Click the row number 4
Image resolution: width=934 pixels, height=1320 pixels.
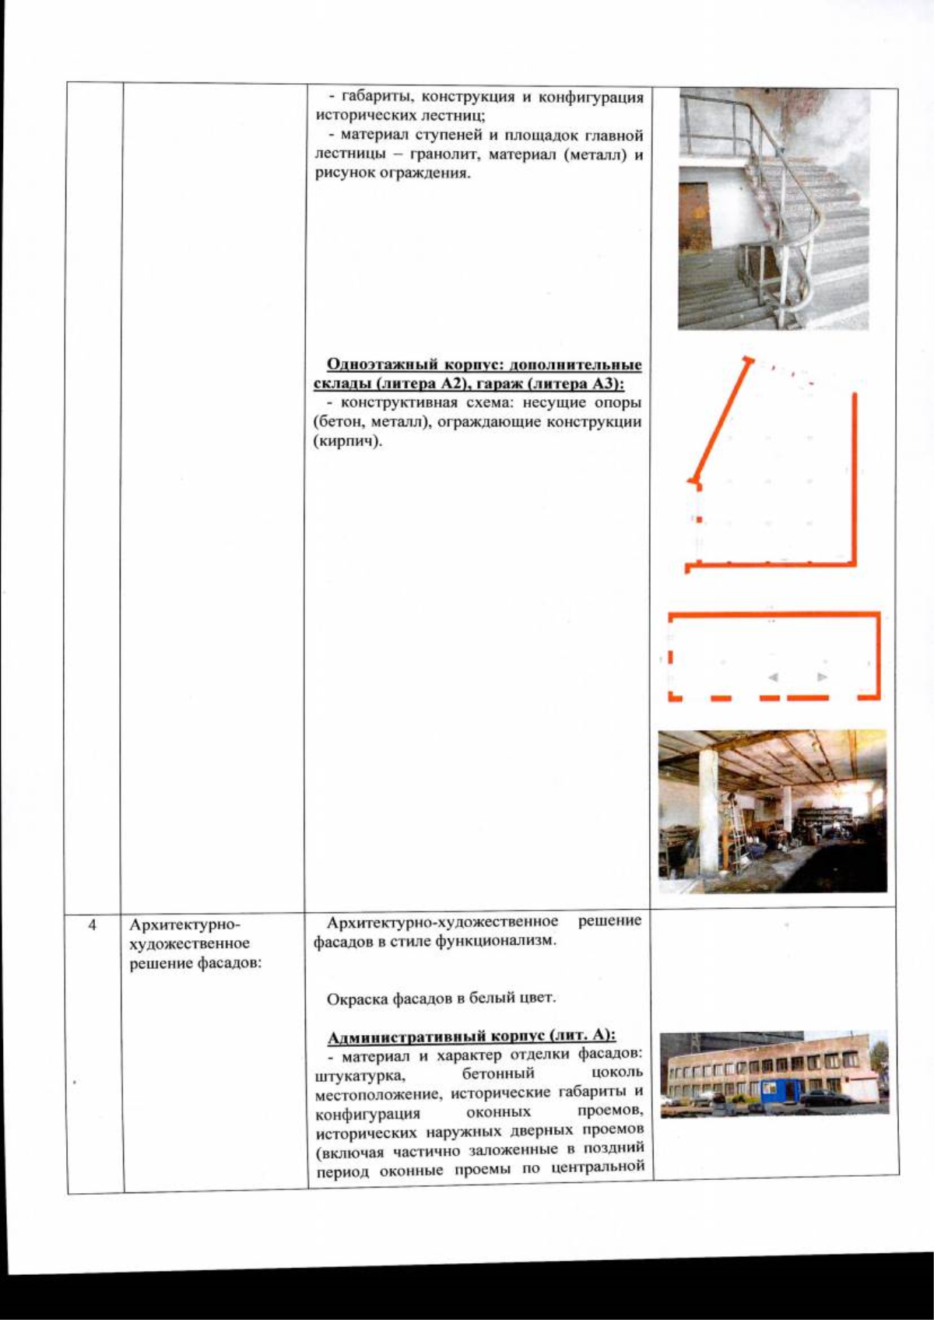[x=93, y=925]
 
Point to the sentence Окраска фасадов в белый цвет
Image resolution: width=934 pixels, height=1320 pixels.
[x=441, y=998]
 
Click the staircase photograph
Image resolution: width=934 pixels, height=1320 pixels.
[x=773, y=210]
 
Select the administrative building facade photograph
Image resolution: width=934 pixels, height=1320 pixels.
[x=774, y=1073]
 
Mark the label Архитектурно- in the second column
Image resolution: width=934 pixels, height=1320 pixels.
[x=185, y=925]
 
